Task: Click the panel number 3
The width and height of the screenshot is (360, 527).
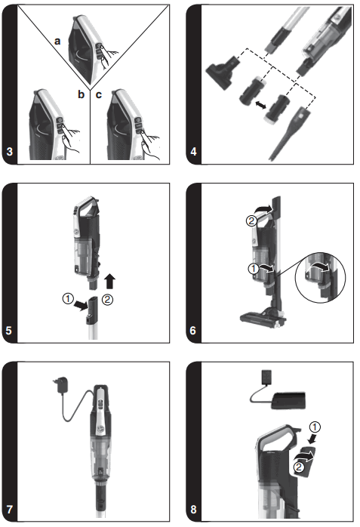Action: coord(10,153)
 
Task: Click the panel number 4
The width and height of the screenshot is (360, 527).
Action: coord(194,153)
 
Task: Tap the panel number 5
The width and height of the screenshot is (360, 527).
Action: coord(10,330)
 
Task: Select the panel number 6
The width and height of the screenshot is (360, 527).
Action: coord(194,330)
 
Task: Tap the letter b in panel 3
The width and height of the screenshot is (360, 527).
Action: coord(81,94)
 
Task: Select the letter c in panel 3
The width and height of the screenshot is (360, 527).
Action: coord(99,94)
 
